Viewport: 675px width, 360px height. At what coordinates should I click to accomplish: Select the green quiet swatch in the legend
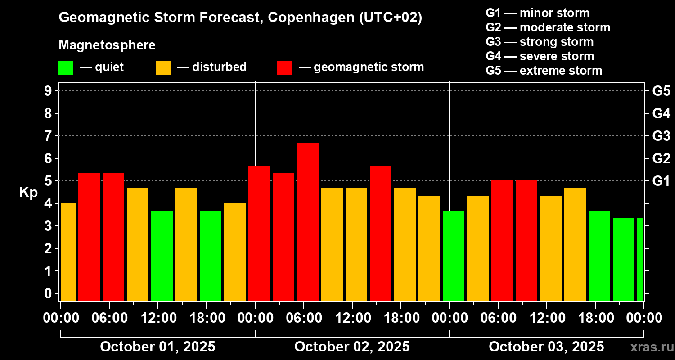tap(66, 68)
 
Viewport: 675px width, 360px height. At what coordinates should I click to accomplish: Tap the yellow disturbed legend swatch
tap(163, 68)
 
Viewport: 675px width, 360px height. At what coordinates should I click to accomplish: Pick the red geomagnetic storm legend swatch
tap(284, 68)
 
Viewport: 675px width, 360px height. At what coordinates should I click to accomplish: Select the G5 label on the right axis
tap(661, 91)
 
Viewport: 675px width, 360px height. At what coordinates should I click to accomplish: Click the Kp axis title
tap(28, 193)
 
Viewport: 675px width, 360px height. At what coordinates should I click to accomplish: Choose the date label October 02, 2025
tap(352, 346)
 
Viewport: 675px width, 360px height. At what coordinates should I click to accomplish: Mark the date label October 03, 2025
tap(546, 346)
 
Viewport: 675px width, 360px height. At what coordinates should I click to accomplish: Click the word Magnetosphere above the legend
tap(107, 45)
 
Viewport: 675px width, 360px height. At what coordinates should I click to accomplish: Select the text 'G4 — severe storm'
tap(540, 56)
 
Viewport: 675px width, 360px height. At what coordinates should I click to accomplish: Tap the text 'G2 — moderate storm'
tap(548, 27)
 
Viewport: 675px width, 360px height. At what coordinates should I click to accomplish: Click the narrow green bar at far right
tap(640, 259)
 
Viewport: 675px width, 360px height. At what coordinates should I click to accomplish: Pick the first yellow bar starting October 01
tap(68, 252)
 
